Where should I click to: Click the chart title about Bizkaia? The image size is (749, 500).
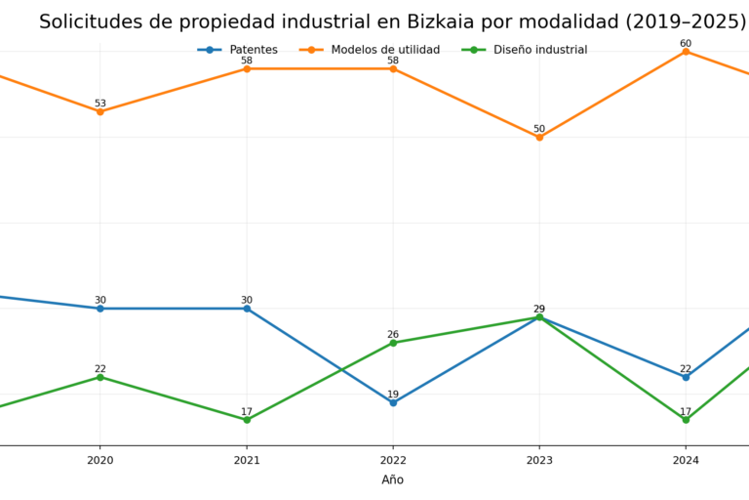(x=392, y=21)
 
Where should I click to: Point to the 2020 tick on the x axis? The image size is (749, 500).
(x=99, y=460)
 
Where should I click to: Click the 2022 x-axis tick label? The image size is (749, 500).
(x=393, y=460)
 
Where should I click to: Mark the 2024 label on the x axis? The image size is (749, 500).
(x=686, y=460)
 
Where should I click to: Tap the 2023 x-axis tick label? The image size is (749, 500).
(x=539, y=460)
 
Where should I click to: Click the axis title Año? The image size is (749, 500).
(x=392, y=479)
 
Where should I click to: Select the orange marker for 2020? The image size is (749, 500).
(x=99, y=111)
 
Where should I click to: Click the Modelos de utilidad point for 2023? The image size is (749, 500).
(x=539, y=137)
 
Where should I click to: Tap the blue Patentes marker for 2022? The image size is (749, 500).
(x=393, y=402)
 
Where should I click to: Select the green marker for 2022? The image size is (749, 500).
(x=393, y=343)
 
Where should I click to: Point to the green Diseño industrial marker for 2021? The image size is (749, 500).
(x=247, y=420)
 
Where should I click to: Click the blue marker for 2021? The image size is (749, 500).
(x=247, y=309)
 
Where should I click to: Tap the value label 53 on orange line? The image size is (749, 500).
(x=99, y=104)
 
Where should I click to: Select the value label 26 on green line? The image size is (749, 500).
(x=393, y=335)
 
